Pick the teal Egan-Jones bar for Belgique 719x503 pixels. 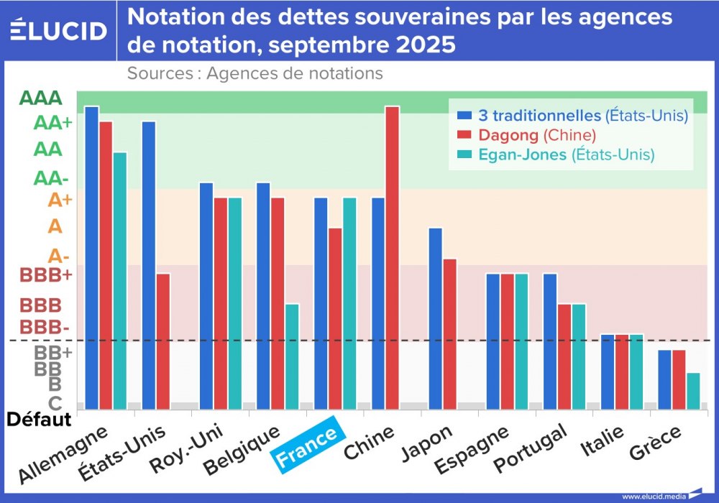[x=292, y=356]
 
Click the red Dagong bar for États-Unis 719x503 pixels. [x=163, y=341]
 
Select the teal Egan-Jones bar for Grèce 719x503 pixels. [x=693, y=391]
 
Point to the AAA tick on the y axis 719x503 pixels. [x=41, y=98]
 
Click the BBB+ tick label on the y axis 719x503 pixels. [x=46, y=275]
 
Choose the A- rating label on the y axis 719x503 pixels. [x=58, y=255]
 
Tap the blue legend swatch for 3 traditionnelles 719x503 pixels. [x=464, y=116]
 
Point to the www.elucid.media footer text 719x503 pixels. [x=654, y=496]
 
